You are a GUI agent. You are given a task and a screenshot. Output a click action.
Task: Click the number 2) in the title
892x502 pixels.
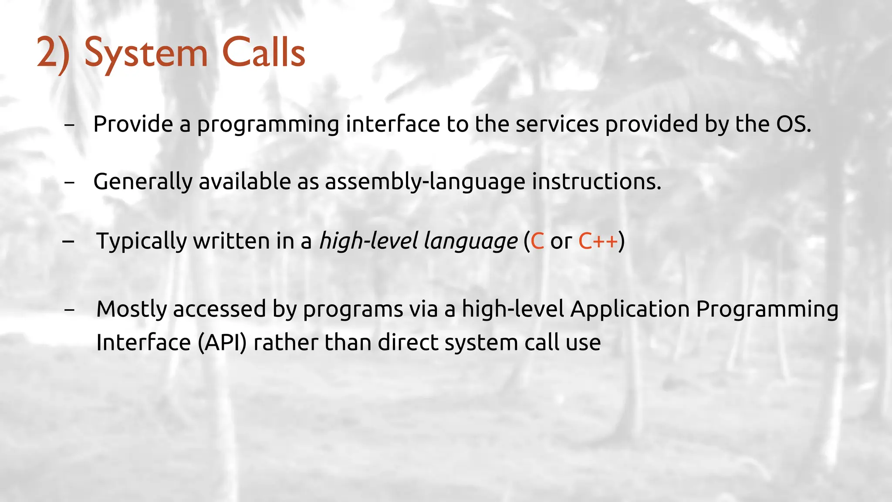53,53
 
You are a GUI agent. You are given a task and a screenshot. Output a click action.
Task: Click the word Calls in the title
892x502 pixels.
264,52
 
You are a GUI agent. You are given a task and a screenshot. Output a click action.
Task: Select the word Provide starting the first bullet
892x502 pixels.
133,124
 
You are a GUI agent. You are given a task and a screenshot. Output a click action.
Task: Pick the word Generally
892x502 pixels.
143,182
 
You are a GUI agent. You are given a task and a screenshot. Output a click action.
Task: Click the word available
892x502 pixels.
245,181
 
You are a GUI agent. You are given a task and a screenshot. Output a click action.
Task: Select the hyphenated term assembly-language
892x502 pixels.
425,182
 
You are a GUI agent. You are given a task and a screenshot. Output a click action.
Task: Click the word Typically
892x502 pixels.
141,241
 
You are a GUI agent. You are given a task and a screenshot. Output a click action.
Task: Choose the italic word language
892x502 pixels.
470,241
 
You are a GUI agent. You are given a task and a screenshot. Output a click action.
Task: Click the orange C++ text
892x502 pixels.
598,241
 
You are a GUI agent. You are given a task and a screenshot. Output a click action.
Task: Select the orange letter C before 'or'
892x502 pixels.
537,241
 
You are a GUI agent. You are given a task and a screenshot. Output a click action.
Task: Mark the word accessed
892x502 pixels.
220,309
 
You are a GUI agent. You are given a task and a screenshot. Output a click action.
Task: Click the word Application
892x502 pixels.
630,309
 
